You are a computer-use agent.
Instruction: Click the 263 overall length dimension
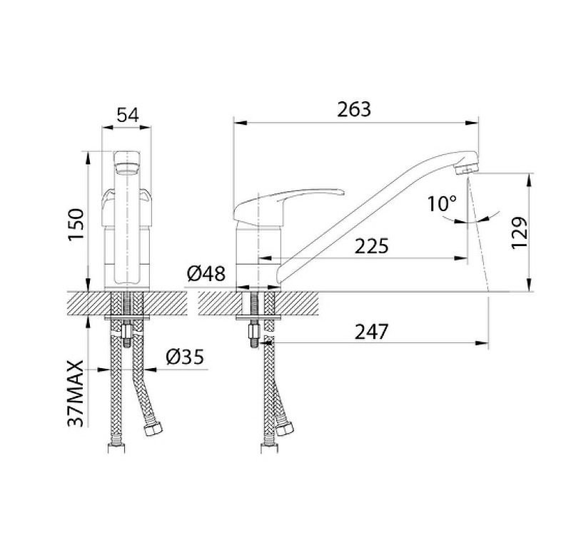(x=354, y=109)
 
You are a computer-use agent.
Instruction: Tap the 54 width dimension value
(x=128, y=115)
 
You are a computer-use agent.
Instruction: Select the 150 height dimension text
(x=76, y=224)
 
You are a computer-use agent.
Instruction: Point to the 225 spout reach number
(x=371, y=246)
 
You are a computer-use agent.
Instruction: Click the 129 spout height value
(x=520, y=233)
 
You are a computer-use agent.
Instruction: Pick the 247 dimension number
(x=371, y=332)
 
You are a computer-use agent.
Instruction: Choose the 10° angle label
(x=442, y=203)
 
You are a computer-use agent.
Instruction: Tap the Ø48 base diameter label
(x=206, y=274)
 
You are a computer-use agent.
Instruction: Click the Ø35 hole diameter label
(x=185, y=357)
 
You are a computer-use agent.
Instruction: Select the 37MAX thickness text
(x=76, y=394)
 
